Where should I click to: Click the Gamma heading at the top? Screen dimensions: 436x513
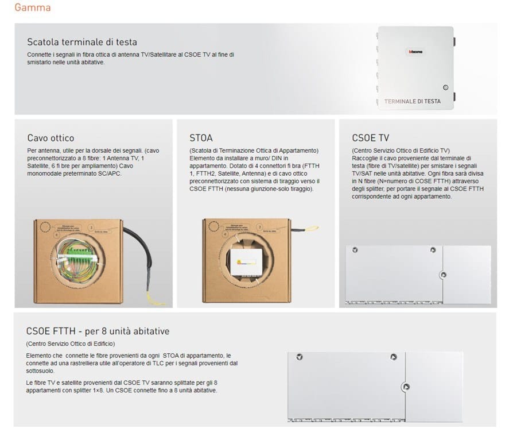point(32,8)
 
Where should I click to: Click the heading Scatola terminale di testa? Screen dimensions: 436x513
point(82,42)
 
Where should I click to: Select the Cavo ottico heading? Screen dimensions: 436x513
point(50,138)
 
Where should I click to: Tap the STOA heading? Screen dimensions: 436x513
point(201,138)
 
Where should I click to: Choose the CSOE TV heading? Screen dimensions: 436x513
point(370,138)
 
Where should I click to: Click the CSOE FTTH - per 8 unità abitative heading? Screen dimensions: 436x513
point(98,331)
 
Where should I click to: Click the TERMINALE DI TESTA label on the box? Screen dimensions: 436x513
point(413,101)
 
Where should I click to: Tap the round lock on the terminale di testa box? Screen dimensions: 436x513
point(445,88)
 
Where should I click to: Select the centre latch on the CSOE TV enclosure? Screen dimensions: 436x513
point(442,275)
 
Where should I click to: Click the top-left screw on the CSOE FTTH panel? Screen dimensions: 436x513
point(299,357)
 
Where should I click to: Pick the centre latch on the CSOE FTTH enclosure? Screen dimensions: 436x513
point(406,387)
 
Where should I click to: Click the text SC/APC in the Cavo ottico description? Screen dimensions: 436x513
point(111,173)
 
